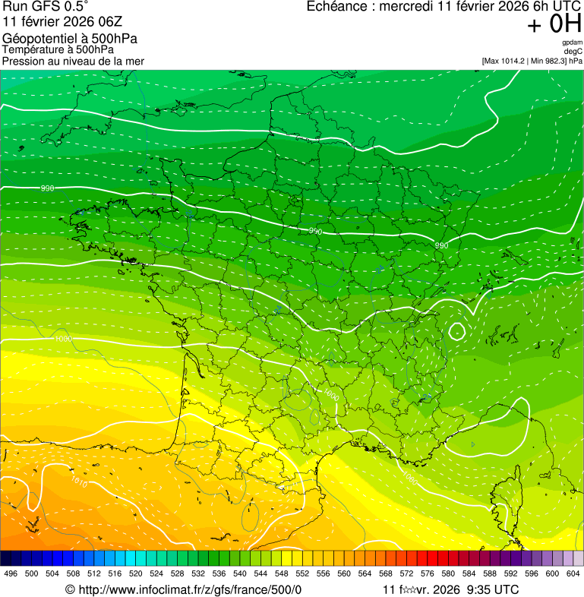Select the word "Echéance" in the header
[x=336, y=8]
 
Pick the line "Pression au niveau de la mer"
[x=73, y=61]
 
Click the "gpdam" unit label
[x=572, y=43]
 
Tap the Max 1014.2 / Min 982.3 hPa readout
[x=532, y=61]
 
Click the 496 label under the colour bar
[x=11, y=574]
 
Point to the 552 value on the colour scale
[x=302, y=574]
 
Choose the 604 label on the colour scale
[x=573, y=574]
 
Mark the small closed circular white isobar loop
[x=457, y=331]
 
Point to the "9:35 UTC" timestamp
[x=493, y=589]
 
